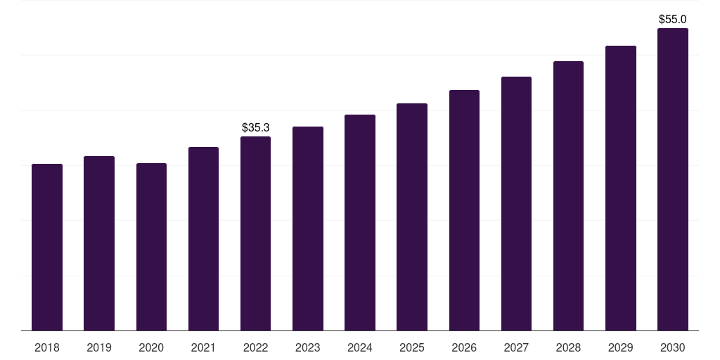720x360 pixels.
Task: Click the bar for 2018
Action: tap(47, 247)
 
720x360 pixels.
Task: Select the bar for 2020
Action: tap(151, 247)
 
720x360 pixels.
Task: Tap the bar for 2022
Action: tap(255, 233)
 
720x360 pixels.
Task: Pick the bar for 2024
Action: tap(360, 222)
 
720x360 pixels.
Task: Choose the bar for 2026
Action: tap(464, 210)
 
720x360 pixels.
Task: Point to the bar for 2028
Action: tap(568, 195)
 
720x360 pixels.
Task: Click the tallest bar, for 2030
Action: tap(673, 179)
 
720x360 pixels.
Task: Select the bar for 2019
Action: tap(99, 243)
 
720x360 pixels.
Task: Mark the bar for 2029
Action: tap(621, 188)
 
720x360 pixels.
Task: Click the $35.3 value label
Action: tap(255, 127)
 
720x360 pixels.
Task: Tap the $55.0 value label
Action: tap(673, 19)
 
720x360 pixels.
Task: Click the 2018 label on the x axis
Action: tap(47, 347)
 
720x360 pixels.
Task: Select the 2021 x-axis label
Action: tap(203, 347)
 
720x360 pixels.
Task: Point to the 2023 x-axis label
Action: tap(308, 347)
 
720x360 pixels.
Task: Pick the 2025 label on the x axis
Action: tap(412, 347)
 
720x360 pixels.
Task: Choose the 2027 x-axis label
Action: tap(516, 347)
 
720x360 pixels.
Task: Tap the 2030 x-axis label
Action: tap(673, 347)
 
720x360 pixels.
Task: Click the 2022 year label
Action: tap(255, 347)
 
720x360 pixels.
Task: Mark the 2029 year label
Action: tap(621, 347)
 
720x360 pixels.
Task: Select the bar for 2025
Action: tap(412, 217)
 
